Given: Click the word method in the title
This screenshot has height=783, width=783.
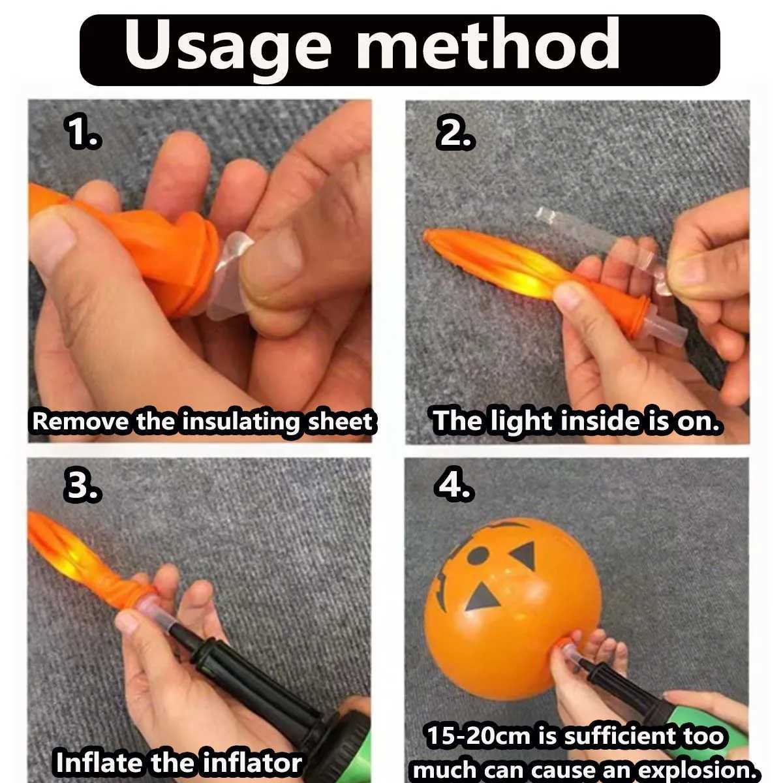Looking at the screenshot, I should [x=488, y=44].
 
